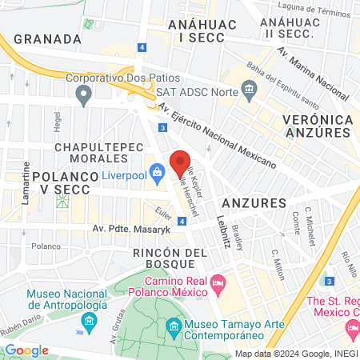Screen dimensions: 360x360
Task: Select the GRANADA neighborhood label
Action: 48,38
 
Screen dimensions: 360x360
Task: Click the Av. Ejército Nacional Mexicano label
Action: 216,135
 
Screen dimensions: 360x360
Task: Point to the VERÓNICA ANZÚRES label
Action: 319,126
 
